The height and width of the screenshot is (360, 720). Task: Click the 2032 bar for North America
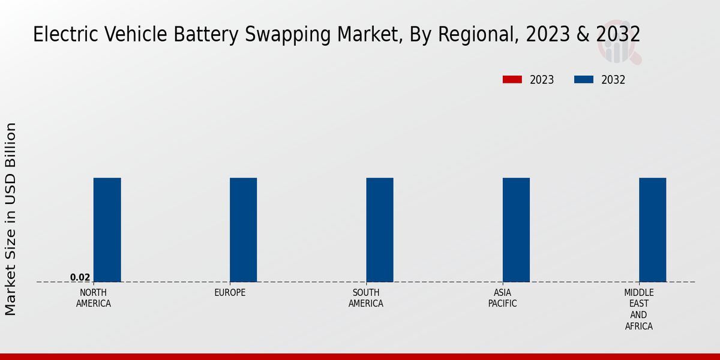coord(107,230)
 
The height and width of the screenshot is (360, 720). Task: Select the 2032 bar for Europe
coord(244,230)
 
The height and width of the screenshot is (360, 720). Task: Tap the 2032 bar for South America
coord(380,230)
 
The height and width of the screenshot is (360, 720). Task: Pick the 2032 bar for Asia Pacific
coord(516,230)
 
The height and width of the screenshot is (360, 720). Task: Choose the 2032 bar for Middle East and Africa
coord(652,230)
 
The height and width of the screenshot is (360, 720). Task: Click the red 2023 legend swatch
coord(512,80)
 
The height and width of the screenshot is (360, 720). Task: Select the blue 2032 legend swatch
coord(584,80)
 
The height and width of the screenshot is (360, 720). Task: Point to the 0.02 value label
coord(80,277)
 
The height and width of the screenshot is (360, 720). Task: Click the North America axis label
coord(94,298)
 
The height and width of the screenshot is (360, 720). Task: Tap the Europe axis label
coord(230,293)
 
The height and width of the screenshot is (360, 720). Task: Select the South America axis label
coord(366,298)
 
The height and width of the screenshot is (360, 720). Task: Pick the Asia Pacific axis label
coord(502,298)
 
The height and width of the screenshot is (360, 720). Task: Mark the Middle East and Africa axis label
coord(638,310)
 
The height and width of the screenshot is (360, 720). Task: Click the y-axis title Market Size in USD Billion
coord(11,219)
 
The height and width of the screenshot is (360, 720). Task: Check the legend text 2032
coord(613,80)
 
